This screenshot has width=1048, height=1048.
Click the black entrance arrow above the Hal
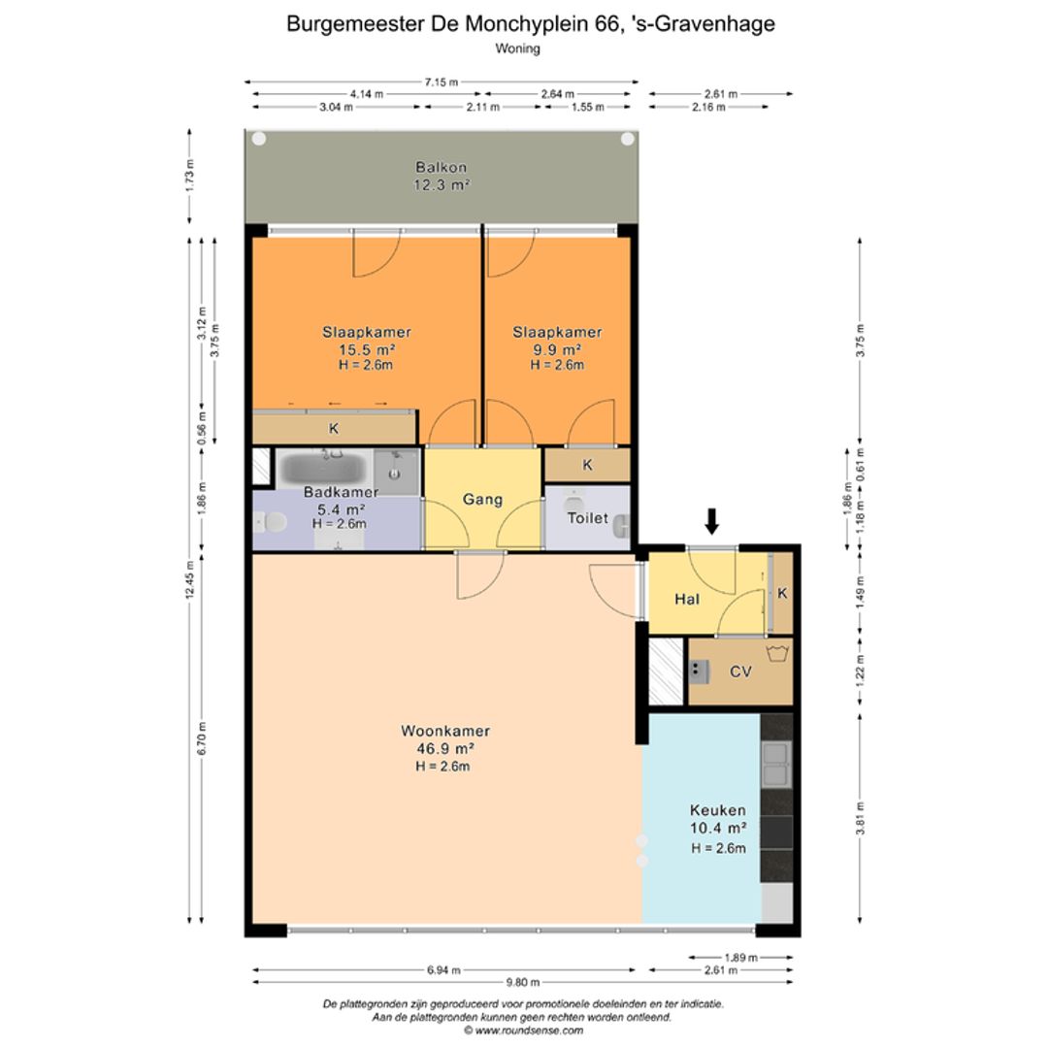tap(712, 521)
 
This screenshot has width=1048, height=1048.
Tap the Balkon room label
tap(442, 167)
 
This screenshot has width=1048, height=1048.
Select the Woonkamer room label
tap(445, 731)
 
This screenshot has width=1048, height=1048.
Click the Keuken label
tap(718, 810)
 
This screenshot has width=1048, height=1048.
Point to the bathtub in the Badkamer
tap(323, 468)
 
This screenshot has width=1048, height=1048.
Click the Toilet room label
tap(588, 518)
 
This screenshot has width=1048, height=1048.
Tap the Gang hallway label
tap(482, 500)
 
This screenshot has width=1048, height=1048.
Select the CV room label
tap(740, 671)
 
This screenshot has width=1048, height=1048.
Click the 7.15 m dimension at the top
tap(442, 82)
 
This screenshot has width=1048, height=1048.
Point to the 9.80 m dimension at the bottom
tap(523, 982)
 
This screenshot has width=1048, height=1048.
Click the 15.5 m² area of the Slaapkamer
tap(367, 349)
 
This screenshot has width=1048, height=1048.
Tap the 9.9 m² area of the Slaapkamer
tap(557, 349)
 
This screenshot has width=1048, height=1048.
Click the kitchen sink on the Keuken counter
tap(776, 764)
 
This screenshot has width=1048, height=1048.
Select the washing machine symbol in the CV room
tap(777, 653)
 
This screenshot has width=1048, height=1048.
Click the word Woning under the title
tap(518, 49)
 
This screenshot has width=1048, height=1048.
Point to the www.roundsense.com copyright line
tap(523, 1030)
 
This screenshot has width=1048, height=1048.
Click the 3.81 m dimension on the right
tap(860, 818)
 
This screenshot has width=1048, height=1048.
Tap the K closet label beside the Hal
tap(782, 593)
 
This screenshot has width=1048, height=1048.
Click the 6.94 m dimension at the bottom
tap(443, 969)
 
